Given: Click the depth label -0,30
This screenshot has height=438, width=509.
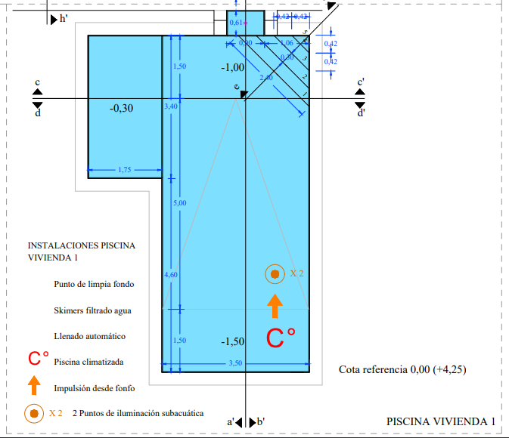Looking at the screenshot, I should coord(121,108).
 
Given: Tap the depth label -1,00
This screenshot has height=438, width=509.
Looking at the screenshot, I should coord(233,68).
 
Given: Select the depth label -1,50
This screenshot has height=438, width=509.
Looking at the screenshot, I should coord(233,342).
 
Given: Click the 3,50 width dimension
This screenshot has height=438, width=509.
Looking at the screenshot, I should coord(234,363).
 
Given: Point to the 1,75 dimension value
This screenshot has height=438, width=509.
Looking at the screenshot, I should coord(125,170).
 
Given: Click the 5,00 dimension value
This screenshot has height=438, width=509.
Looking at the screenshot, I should coord(179,203).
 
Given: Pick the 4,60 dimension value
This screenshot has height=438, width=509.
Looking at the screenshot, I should coord(171,274).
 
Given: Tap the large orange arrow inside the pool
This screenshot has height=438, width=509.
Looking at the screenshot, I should coord(275,305).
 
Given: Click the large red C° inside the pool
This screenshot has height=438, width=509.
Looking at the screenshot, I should coord(280,338).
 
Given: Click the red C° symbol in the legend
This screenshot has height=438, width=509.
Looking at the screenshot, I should coord(39,359).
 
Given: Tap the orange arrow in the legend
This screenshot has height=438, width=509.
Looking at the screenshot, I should coord(34,385).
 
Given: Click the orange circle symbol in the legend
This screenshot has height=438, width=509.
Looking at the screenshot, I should coord(34,413).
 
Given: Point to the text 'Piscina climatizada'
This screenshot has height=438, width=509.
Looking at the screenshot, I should coord(88,362).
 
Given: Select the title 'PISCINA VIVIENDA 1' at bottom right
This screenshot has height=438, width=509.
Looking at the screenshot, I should coord(441,421).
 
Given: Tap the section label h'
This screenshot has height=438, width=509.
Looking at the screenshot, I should coord(64,19).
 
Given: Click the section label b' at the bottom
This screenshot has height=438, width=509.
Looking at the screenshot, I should coord(260,421).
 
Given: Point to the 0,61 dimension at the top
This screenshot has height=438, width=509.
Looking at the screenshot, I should coord(236,23).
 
